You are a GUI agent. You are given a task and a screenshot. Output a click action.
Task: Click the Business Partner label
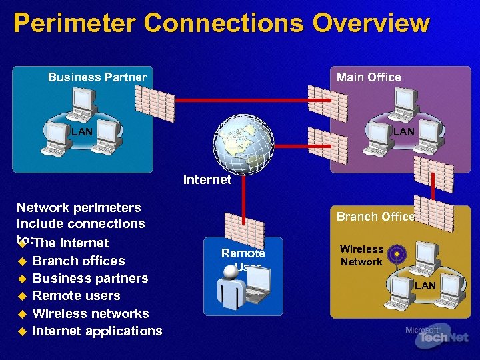[x=97, y=77]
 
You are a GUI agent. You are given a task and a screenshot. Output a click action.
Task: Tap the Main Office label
[x=369, y=77]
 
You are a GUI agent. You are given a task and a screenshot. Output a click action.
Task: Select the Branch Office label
[x=375, y=216]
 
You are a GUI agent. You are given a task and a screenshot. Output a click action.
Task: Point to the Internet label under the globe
[x=207, y=179]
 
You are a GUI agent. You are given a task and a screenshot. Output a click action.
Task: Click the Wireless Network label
[x=361, y=255]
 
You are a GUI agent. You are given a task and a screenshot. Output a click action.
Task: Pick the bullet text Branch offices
[x=79, y=261]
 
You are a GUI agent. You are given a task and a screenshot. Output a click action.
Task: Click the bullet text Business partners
[x=90, y=278]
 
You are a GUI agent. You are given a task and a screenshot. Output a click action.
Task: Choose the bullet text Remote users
[x=77, y=295]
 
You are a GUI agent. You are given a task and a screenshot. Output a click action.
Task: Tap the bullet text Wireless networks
[x=91, y=313]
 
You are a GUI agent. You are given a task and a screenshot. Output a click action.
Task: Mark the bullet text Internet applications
[x=97, y=331]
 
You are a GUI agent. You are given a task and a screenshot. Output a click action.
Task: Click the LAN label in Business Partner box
[x=82, y=132]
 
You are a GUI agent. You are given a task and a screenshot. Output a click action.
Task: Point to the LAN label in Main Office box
[x=403, y=132]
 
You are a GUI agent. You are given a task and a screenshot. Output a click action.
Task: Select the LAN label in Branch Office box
[x=425, y=286]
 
